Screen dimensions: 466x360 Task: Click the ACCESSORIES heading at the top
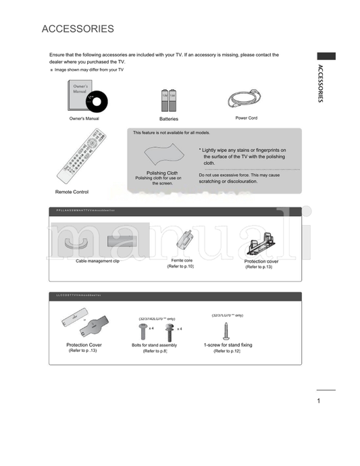(x=78, y=29)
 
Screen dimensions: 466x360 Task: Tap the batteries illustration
(x=168, y=100)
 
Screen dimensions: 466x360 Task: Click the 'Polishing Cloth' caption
(x=162, y=173)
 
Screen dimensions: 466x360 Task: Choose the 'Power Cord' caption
(x=246, y=118)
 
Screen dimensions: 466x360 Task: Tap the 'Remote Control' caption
(x=72, y=192)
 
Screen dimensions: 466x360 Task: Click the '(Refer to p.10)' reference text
(x=181, y=267)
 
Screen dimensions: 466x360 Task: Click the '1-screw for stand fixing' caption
(x=228, y=345)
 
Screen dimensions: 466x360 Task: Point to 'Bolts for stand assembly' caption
(x=155, y=345)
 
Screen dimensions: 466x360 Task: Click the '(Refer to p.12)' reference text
(x=227, y=352)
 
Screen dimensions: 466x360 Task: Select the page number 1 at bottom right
(x=318, y=401)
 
